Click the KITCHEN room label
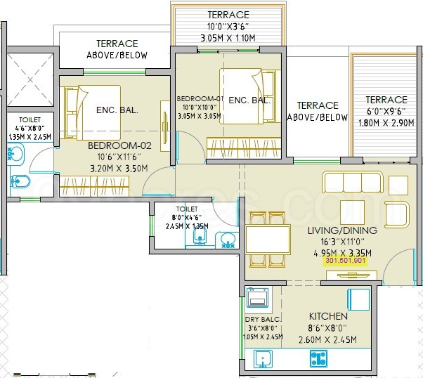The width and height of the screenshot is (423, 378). (x=328, y=316)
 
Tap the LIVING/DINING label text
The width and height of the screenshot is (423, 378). (x=342, y=230)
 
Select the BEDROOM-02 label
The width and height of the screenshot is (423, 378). (x=119, y=145)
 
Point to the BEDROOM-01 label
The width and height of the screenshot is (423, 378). (x=200, y=99)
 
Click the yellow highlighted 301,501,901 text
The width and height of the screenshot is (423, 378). (x=345, y=261)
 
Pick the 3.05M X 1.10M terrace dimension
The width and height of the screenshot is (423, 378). (x=228, y=38)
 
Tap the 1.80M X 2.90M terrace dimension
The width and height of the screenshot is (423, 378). (x=386, y=123)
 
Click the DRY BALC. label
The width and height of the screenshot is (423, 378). (x=263, y=320)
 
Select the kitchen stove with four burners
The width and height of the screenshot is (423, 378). (x=318, y=358)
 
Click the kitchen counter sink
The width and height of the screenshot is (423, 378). (x=263, y=359)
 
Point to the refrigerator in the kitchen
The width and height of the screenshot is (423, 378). (x=358, y=299)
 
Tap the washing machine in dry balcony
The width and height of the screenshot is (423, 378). (x=258, y=297)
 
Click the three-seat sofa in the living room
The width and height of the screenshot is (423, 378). (x=353, y=182)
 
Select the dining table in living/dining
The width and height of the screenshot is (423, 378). (x=268, y=240)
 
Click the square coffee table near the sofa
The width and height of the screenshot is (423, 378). (x=352, y=212)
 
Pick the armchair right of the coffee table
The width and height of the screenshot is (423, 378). (x=396, y=214)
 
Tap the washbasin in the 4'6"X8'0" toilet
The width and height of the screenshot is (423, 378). (x=15, y=154)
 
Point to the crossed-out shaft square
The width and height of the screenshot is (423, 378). (x=30, y=79)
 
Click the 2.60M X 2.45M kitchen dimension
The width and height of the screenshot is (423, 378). (x=327, y=339)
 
